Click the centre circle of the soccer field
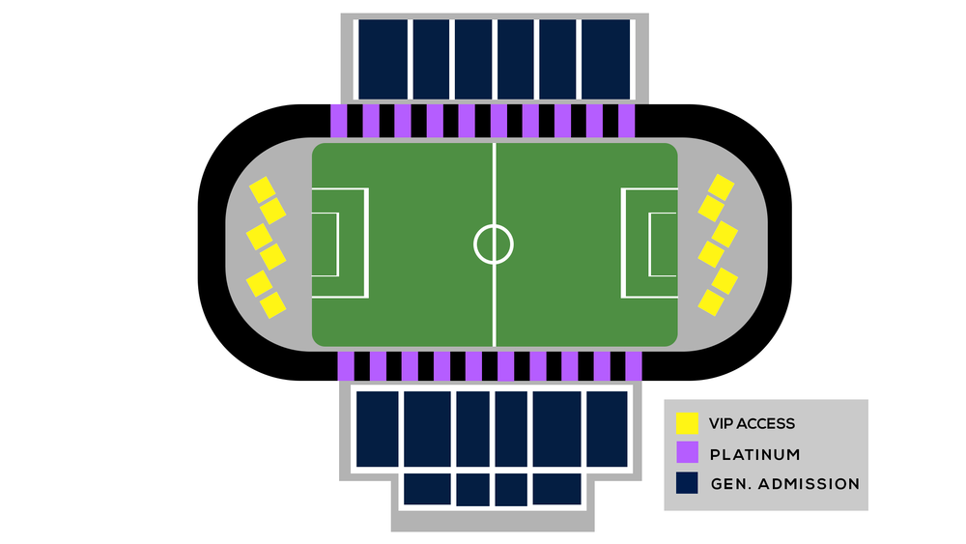pyautogui.click(x=494, y=243)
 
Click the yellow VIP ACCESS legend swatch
pyautogui.click(x=687, y=423)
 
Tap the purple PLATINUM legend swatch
pyautogui.click(x=687, y=452)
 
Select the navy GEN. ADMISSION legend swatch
pyautogui.click(x=687, y=483)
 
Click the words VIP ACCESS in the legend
pyautogui.click(x=752, y=423)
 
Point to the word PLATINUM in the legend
pyautogui.click(x=754, y=453)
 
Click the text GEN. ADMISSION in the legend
pyautogui.click(x=783, y=483)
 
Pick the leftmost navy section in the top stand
pyautogui.click(x=382, y=58)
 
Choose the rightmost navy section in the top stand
pyautogui.click(x=607, y=58)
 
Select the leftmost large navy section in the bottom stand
pyautogui.click(x=377, y=429)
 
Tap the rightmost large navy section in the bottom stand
pyautogui.click(x=607, y=429)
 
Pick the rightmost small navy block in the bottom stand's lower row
pyautogui.click(x=555, y=489)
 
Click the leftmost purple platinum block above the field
pyautogui.click(x=339, y=121)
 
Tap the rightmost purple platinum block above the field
pyautogui.click(x=627, y=121)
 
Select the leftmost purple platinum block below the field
pyautogui.click(x=346, y=366)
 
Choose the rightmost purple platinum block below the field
pyautogui.click(x=634, y=366)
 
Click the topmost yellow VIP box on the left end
pyautogui.click(x=262, y=189)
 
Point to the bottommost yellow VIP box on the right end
pyautogui.click(x=712, y=303)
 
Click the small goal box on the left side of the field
pyautogui.click(x=325, y=243)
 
